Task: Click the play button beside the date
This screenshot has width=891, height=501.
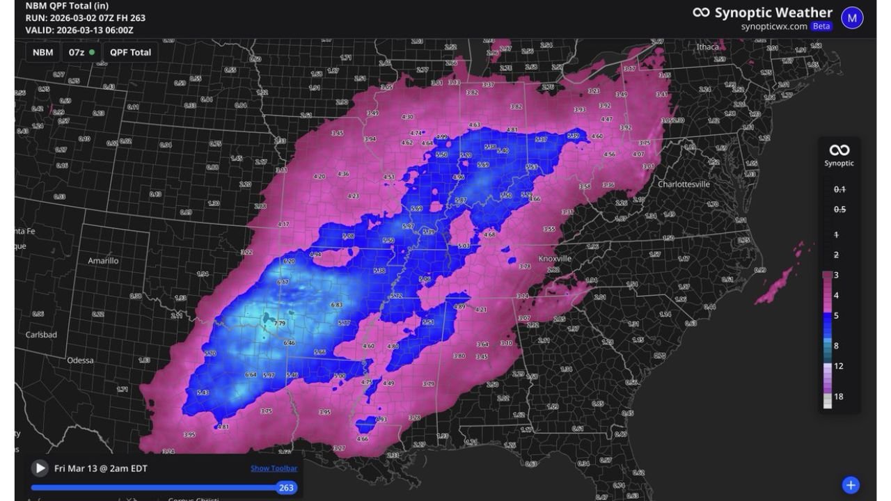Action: (x=40, y=468)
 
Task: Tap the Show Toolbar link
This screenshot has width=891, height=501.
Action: (x=274, y=468)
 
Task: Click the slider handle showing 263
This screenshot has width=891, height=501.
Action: (x=286, y=488)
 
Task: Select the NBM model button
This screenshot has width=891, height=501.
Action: (x=43, y=52)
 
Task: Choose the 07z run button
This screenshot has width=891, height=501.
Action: (x=81, y=52)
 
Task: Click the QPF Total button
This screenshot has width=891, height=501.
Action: (x=130, y=52)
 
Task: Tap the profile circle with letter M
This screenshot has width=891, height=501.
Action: (x=852, y=17)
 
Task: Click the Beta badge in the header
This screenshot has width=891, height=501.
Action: (x=821, y=26)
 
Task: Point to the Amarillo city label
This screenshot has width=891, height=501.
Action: (x=103, y=260)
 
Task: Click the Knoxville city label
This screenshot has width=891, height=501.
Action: (x=555, y=258)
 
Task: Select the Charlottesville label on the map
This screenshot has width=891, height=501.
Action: (x=684, y=184)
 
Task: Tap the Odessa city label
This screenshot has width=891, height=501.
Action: (x=80, y=360)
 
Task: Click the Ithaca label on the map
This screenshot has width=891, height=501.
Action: (x=708, y=47)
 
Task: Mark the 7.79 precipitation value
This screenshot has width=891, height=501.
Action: (x=280, y=324)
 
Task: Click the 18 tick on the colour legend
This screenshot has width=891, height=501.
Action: (x=839, y=397)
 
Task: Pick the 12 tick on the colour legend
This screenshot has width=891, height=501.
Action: (x=839, y=366)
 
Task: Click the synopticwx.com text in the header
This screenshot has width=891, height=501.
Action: (x=774, y=26)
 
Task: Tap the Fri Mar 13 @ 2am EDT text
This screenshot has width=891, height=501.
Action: (x=101, y=468)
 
